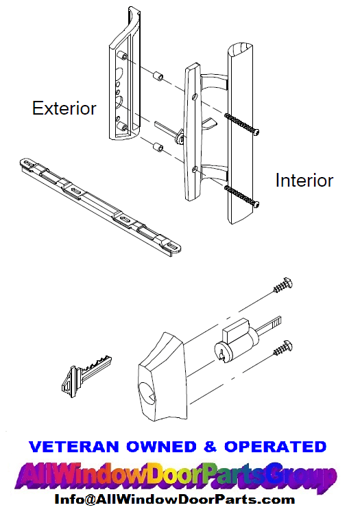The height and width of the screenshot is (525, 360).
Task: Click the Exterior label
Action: (64, 108)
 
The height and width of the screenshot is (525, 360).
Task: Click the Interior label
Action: (304, 180)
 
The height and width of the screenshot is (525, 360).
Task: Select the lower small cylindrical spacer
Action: (156, 145)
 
